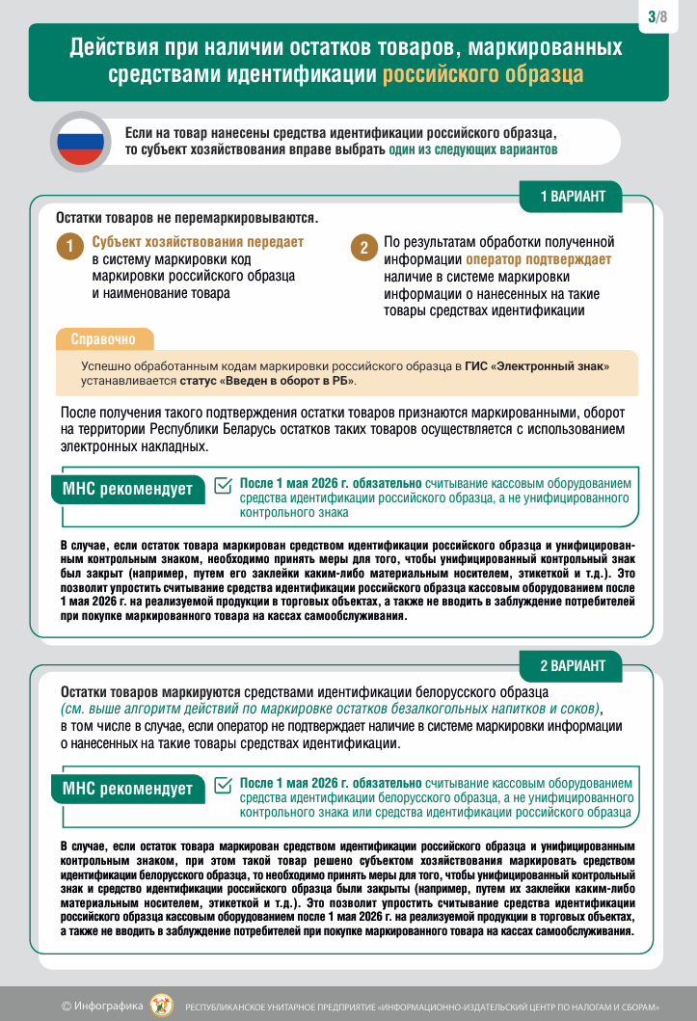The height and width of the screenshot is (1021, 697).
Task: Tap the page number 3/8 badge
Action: pos(657,16)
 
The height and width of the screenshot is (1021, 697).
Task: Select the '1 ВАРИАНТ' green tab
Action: pos(572,197)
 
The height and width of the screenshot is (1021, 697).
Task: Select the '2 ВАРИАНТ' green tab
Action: pos(572,665)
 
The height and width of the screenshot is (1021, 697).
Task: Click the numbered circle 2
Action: pos(362,247)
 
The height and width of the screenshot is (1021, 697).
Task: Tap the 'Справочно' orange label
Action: pos(103,339)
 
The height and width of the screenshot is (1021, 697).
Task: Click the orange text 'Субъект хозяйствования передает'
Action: pos(198,242)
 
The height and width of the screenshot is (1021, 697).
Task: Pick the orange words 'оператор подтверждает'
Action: pos(538,259)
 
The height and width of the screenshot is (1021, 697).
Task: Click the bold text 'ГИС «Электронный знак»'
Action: pos(537,366)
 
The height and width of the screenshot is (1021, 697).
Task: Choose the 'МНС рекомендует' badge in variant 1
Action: pos(127,489)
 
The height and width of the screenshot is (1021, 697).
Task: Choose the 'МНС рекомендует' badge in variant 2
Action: pos(127,789)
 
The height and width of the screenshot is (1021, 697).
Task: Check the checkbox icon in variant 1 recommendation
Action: pos(223,485)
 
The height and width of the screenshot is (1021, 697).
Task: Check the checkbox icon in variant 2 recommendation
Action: pos(223,785)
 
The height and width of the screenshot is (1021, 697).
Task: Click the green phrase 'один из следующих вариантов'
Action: pos(472,151)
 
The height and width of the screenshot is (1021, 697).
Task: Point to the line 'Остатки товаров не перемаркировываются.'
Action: pos(187,219)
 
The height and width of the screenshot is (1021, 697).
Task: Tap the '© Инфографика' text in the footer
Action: pos(102,1006)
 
